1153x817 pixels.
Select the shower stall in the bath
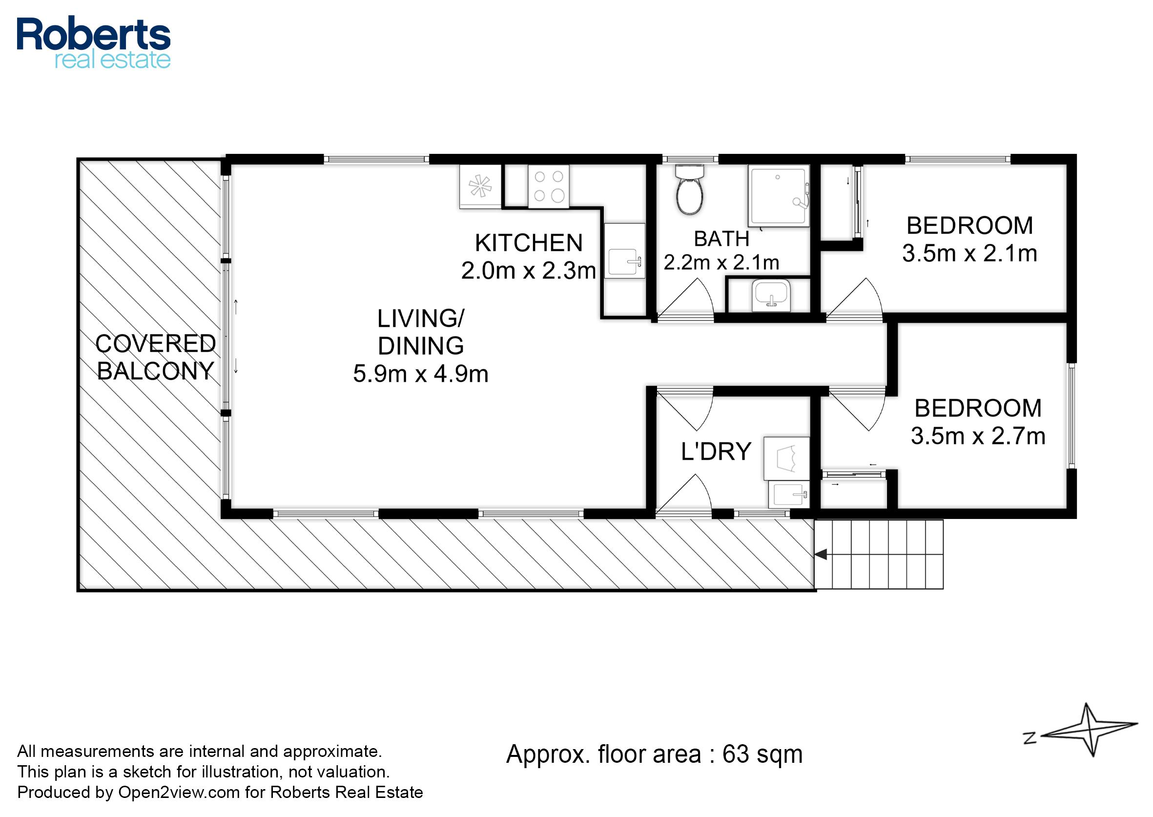pos(779,195)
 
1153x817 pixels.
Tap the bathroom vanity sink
pos(771,296)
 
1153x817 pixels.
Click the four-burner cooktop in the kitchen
pos(548,186)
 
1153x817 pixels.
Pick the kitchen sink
pos(624,251)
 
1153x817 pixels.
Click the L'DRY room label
pos(716,451)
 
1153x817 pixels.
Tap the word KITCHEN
pos(529,243)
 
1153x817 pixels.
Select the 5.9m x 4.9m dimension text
pos(421,374)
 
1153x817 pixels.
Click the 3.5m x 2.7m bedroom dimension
pos(978,436)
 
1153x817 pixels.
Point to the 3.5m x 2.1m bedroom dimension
pos(969,253)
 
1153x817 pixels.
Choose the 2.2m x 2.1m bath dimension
pos(721,262)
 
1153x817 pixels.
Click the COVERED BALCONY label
pos(156,357)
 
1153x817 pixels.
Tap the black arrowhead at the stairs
pos(820,555)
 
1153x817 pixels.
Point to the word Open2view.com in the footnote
pos(179,793)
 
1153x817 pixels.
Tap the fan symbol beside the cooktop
pos(480,186)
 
